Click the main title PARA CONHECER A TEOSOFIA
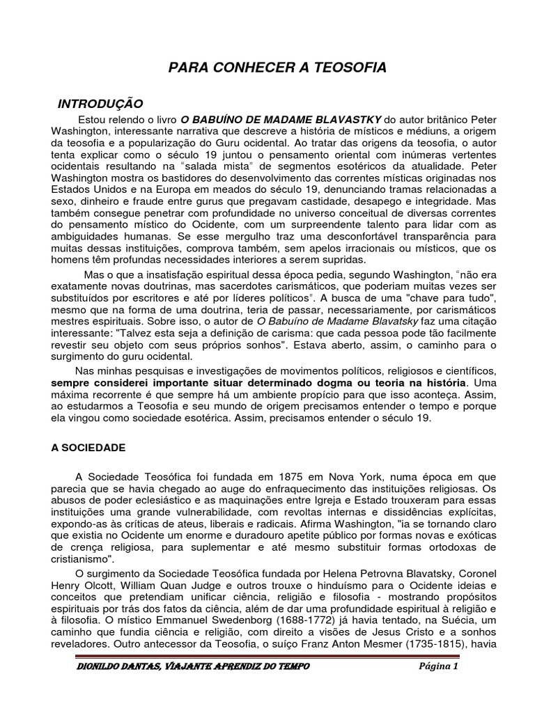277,67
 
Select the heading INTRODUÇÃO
100,104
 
